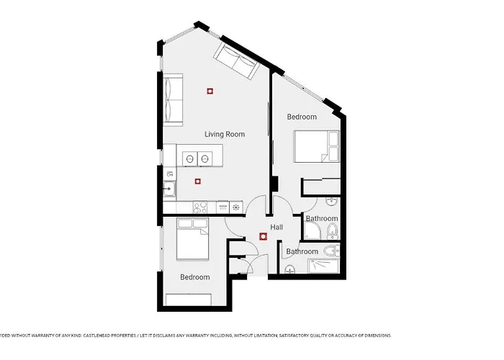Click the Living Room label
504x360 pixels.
(225, 134)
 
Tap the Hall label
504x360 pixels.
(276, 228)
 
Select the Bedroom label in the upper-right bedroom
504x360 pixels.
(302, 117)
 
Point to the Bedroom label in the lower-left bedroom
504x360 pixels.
(195, 277)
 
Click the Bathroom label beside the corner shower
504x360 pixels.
(322, 218)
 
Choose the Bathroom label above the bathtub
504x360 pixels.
(302, 251)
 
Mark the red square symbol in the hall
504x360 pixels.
(263, 236)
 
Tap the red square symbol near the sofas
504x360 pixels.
(210, 91)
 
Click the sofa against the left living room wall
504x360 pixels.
(173, 99)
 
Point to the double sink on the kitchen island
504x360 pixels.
(197, 158)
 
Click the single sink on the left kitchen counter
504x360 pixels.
(168, 190)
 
